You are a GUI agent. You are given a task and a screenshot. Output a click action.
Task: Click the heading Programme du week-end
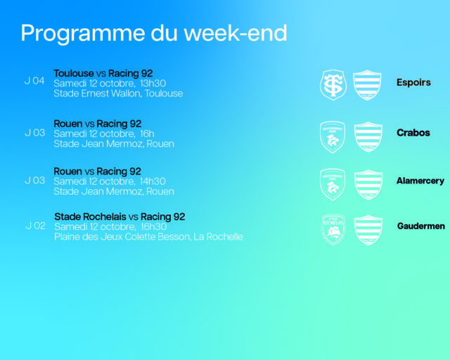tap(154, 34)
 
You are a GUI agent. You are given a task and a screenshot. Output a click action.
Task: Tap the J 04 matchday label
tap(34, 81)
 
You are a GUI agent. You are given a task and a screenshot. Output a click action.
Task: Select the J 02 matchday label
tap(35, 226)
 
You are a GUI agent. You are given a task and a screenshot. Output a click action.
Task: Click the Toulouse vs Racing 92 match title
tap(103, 73)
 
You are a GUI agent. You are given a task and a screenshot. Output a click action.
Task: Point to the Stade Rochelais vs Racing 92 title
tap(120, 217)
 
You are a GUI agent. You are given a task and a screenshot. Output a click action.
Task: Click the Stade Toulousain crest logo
tap(333, 85)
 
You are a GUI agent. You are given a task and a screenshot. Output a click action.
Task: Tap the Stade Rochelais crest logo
tap(333, 230)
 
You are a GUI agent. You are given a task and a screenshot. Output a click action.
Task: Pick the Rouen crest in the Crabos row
tap(333, 137)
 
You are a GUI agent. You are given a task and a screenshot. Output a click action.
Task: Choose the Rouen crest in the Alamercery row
tap(333, 185)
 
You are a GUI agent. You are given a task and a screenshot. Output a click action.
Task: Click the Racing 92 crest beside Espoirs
tap(367, 85)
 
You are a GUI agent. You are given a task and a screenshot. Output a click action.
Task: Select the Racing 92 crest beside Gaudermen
tap(368, 230)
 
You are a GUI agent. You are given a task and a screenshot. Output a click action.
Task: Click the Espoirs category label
tap(413, 83)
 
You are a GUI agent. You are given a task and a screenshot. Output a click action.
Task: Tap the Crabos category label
tap(413, 133)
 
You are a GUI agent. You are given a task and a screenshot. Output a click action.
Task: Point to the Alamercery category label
tap(420, 181)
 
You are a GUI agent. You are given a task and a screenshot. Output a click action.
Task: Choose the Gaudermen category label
tap(421, 226)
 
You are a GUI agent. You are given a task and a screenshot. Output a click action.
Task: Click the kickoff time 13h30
tap(153, 83)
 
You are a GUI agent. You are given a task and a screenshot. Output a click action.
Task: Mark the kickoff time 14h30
tap(153, 181)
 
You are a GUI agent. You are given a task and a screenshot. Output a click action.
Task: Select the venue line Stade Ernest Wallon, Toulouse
tap(118, 94)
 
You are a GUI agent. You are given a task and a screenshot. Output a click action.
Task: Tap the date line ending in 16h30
tap(110, 227)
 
